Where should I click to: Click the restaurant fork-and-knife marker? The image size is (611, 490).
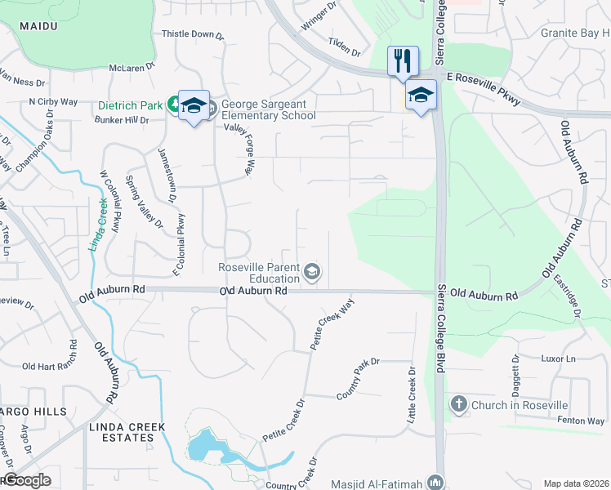click(403, 61)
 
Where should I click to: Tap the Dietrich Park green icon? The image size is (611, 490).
click(174, 104)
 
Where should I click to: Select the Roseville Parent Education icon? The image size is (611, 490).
click(311, 271)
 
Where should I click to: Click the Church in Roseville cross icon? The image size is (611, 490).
click(458, 404)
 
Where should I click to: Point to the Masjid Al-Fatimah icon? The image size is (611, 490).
click(436, 483)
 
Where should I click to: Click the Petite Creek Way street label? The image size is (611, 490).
click(333, 324)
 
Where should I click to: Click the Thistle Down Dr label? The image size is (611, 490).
click(193, 34)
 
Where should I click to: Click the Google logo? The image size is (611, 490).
click(26, 480)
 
